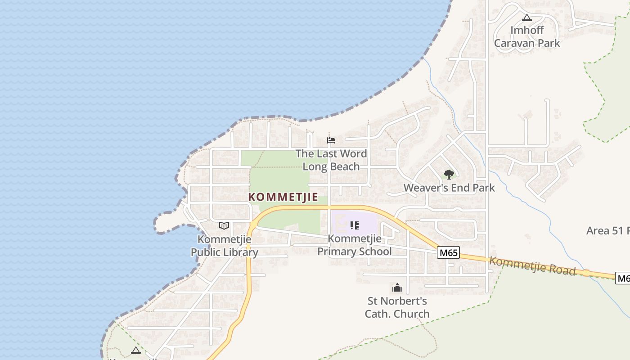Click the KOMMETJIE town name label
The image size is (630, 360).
pos(283,197)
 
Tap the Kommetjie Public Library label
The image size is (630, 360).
pos(224,246)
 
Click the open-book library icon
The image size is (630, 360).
pos(224,225)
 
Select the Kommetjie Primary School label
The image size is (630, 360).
pos(355,245)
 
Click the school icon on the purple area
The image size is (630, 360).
pos(355,225)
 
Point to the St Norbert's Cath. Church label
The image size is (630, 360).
pos(397,307)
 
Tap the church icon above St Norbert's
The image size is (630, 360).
pos(397,288)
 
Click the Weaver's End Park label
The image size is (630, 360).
pos(449,188)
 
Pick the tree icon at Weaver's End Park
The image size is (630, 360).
pos(449,174)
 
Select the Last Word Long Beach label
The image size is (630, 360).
pos(331,160)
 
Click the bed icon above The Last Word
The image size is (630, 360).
pos(331,140)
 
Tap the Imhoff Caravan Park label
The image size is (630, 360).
pos(527,36)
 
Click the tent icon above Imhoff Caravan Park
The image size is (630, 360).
pos(527,18)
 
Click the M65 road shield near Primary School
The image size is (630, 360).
pos(448,253)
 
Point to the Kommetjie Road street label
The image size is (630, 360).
pos(532,265)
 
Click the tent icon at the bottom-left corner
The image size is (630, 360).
pos(136,350)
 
